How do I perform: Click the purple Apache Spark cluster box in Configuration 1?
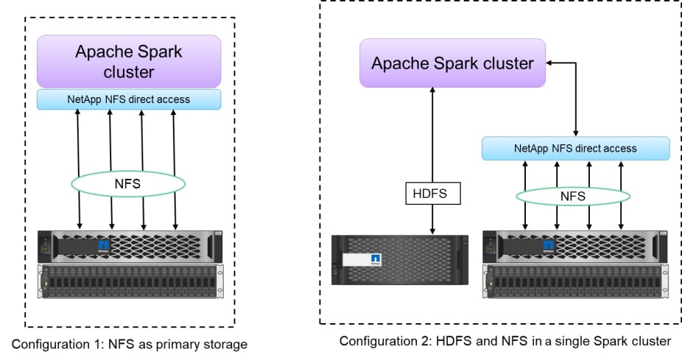pos(129,61)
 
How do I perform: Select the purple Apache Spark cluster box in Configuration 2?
pos(451,63)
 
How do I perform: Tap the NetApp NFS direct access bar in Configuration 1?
pos(129,99)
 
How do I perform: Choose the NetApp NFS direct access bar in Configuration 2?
pos(575,148)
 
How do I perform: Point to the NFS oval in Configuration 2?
pos(573,196)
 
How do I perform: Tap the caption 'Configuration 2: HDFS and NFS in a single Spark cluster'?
pos(505,342)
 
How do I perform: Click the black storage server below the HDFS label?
pos(400,260)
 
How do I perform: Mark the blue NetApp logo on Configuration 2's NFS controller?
pos(548,244)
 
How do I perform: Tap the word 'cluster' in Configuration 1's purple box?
pos(129,72)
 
